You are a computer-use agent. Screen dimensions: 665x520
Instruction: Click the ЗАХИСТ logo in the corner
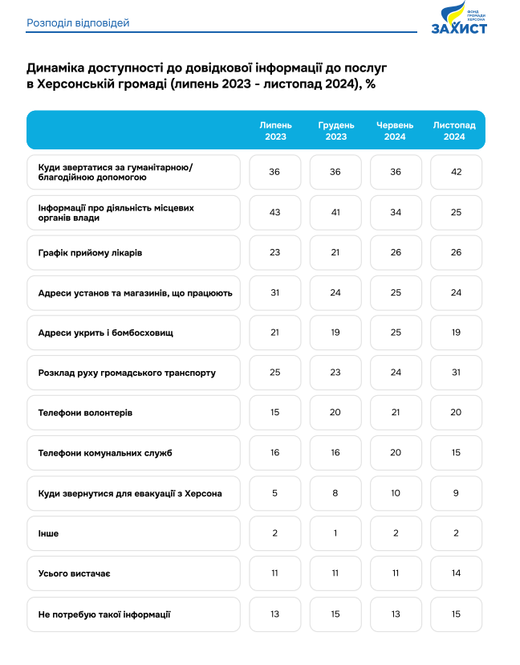[x=459, y=18]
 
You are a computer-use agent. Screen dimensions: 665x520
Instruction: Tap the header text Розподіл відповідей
[x=78, y=22]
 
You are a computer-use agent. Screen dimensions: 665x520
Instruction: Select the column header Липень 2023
[x=275, y=131]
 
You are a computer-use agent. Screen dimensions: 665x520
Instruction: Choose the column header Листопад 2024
[x=454, y=131]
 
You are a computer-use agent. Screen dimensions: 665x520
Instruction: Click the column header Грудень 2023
[x=336, y=131]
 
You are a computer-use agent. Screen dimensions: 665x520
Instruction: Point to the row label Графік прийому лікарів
[x=90, y=253]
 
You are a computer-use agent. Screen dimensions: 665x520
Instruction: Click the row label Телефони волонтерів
[x=85, y=413]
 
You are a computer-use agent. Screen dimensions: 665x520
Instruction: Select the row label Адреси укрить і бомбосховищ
[x=105, y=332]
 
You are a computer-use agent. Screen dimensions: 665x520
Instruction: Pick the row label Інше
[x=48, y=533]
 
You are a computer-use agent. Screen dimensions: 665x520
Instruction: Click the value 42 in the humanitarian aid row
[x=456, y=172]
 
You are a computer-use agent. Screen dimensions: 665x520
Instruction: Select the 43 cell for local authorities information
[x=275, y=212]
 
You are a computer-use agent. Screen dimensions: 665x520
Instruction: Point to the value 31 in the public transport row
[x=456, y=373]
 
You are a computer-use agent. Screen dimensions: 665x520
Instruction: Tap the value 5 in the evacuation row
[x=275, y=493]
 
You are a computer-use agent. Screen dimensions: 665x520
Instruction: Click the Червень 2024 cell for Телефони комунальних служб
[x=396, y=453]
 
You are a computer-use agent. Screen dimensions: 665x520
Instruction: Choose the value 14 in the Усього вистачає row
[x=456, y=573]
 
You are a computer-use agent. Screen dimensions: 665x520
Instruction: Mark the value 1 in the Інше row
[x=336, y=533]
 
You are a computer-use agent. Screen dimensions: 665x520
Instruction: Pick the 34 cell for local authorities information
[x=396, y=212]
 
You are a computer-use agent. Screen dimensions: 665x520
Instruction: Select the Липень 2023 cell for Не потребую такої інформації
[x=275, y=614]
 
